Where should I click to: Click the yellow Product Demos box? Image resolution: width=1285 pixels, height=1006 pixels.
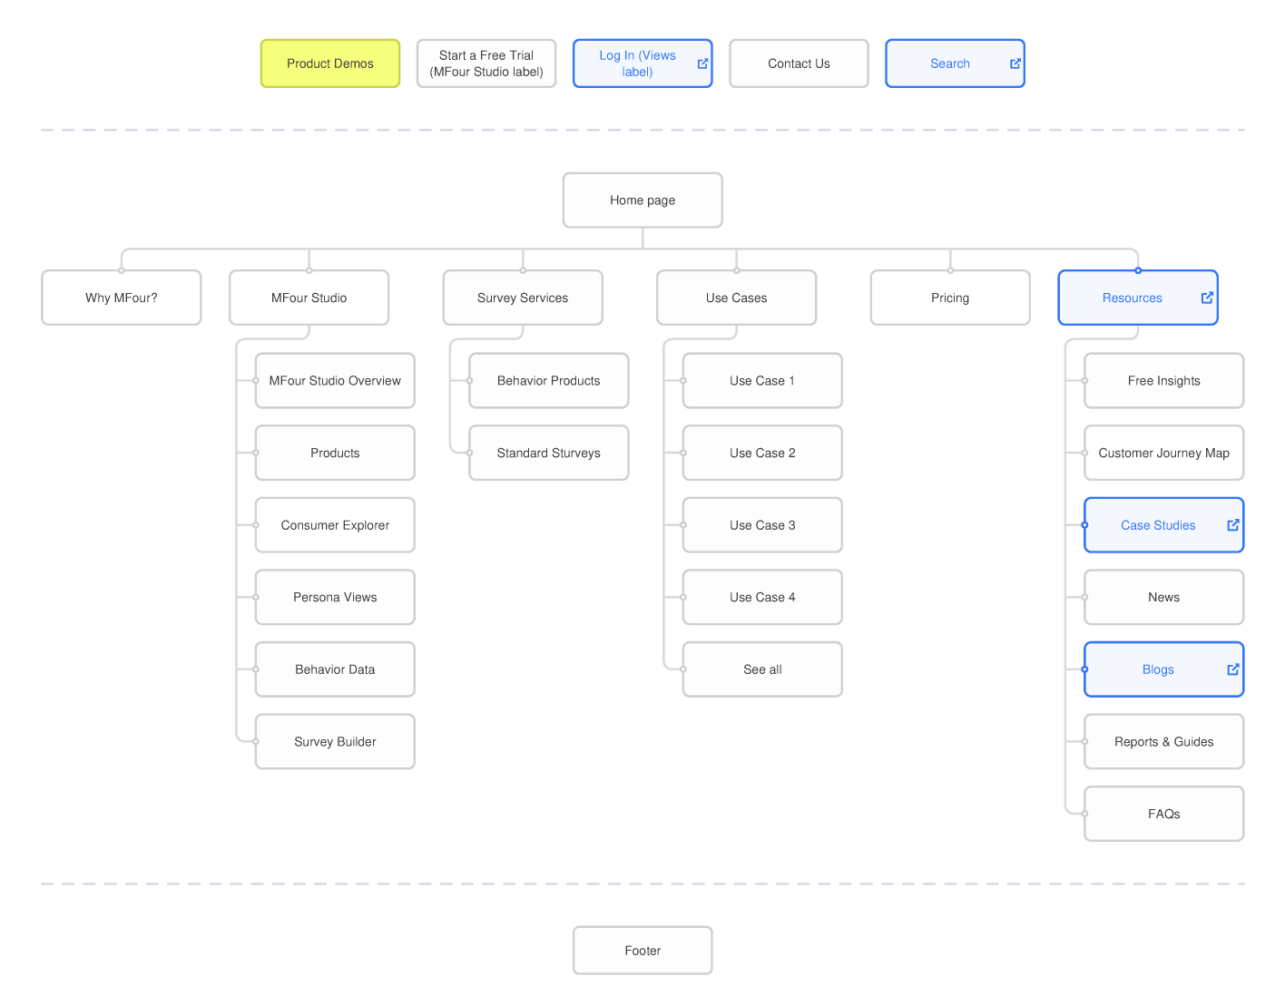[330, 63]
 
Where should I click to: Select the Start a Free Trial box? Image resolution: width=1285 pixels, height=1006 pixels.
[486, 63]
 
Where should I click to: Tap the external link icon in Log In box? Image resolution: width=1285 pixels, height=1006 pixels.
[702, 63]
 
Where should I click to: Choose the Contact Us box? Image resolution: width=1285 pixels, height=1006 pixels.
[799, 63]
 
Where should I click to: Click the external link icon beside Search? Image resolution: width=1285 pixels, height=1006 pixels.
[1015, 63]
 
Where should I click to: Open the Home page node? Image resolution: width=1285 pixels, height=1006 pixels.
[642, 200]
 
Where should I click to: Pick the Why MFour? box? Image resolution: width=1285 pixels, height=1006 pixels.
[122, 298]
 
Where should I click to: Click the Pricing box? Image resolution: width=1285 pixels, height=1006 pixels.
[950, 298]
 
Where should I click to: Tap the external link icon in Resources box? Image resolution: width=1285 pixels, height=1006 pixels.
[1207, 298]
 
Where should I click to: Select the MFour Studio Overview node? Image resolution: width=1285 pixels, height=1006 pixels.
[335, 381]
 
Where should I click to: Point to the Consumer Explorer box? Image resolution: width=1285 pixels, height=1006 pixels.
[335, 525]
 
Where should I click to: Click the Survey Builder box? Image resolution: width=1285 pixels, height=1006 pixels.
[335, 742]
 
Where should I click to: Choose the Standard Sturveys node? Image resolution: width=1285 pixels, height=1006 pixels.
[549, 453]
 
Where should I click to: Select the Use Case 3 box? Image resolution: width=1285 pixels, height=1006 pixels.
[762, 525]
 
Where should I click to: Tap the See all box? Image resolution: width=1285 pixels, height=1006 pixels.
[762, 669]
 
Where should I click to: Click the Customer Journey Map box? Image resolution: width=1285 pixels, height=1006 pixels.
[1163, 453]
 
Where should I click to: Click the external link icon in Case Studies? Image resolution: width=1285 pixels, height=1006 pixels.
[1233, 525]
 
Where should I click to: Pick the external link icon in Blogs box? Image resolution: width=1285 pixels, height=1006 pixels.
[1233, 669]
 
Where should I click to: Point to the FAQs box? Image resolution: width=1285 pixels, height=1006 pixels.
[1163, 814]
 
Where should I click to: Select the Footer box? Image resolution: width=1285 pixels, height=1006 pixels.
[642, 951]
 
